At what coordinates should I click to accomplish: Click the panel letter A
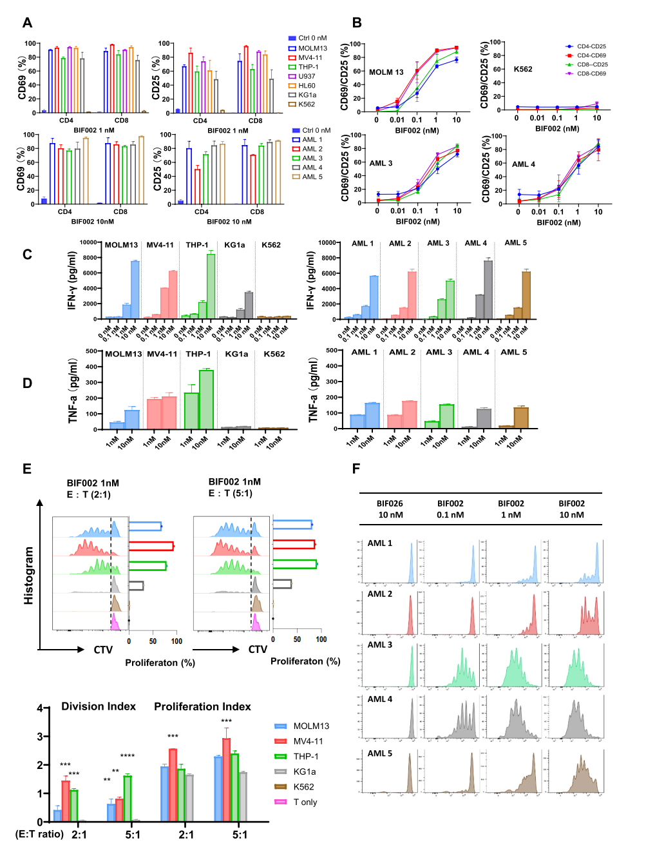click(x=27, y=23)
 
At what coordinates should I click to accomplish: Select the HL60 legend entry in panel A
click(x=307, y=86)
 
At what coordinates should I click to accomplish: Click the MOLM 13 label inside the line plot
click(x=386, y=72)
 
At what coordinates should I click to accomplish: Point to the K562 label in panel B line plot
click(x=523, y=69)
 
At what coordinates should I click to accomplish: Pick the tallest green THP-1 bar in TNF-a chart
click(x=206, y=400)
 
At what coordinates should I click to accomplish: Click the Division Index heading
click(x=99, y=706)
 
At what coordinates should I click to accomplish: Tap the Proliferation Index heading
click(x=202, y=706)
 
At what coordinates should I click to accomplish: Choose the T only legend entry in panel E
click(x=305, y=802)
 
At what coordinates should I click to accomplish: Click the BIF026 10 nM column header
click(x=390, y=509)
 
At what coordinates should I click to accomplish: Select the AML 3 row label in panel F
click(x=380, y=645)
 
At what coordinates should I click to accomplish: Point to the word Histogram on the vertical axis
click(x=29, y=576)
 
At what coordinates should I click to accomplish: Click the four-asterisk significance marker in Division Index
click(x=127, y=756)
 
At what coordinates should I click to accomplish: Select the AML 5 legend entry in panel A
click(x=312, y=177)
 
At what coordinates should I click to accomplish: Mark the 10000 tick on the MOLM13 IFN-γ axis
click(x=88, y=243)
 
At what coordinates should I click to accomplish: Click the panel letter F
click(x=356, y=469)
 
